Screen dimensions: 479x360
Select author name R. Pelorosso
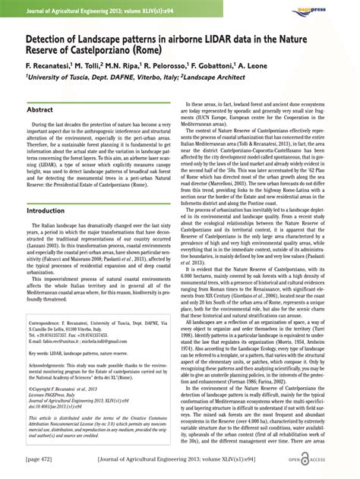pos(185,66)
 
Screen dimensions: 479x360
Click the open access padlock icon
pos(324,459)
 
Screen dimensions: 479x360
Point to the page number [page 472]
pos(40,460)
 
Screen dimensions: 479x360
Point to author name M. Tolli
pos(90,66)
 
